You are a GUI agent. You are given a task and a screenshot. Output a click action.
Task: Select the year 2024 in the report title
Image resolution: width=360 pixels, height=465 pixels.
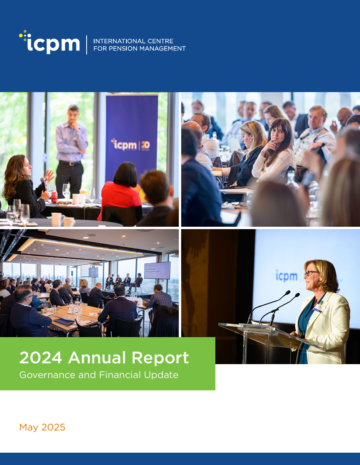(41, 358)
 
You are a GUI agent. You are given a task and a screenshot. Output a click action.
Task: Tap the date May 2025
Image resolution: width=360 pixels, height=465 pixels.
(42, 427)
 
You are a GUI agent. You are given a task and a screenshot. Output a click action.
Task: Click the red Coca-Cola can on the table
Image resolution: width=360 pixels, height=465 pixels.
(54, 197)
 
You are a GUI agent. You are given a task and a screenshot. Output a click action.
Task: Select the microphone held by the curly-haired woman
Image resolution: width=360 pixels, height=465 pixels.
(43, 184)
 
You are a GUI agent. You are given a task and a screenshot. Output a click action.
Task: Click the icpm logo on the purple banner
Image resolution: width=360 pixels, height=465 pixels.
(130, 145)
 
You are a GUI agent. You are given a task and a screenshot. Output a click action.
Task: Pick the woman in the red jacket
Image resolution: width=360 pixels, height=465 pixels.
(121, 191)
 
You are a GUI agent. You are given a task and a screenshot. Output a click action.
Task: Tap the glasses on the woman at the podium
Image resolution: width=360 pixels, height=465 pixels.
(310, 273)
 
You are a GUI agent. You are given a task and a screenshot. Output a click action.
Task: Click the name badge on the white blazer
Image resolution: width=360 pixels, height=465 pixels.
(318, 309)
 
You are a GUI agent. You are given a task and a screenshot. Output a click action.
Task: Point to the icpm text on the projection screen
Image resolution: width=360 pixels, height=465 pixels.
(286, 276)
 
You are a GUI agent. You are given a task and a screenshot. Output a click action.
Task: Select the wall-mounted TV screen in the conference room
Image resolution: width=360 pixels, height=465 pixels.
(157, 270)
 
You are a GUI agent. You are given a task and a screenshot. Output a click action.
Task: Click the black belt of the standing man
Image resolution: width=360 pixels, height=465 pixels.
(70, 163)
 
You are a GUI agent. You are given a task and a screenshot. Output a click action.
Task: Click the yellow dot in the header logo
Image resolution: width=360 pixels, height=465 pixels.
(21, 36)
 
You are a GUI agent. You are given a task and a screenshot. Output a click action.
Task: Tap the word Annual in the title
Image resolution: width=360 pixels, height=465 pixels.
(97, 358)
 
